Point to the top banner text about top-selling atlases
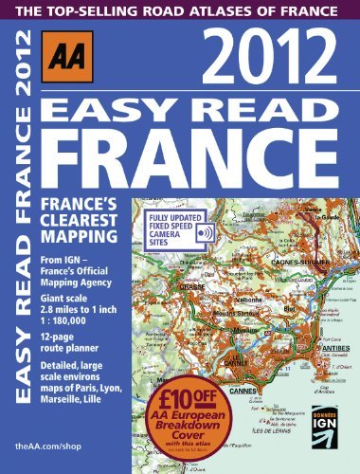pyautogui.click(x=179, y=12)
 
